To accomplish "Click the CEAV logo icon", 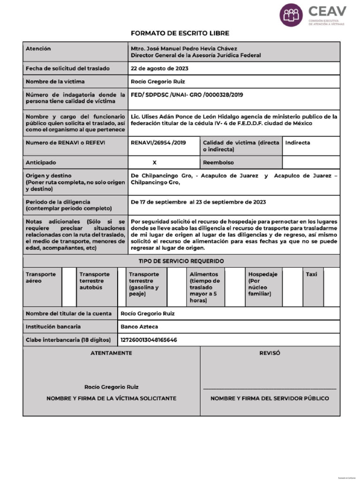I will coord(291,15).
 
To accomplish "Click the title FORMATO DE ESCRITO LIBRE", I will coord(180,33).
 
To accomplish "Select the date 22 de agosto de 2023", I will coord(159,68).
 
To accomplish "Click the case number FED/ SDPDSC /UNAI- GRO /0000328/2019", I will coord(187,95).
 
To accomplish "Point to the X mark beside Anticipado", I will coord(155,163).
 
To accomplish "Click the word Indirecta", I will coord(298,142).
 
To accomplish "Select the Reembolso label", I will coord(219,163).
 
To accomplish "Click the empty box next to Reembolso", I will coord(311,163).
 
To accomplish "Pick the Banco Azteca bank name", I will coord(139,326).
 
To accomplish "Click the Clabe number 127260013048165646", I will coord(149,339).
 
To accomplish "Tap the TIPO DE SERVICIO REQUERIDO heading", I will coord(181,261).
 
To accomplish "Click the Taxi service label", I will coord(311,274).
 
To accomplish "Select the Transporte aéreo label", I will coord(41,277).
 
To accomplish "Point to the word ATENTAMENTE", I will coord(111,353).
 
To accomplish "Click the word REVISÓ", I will coord(270,353).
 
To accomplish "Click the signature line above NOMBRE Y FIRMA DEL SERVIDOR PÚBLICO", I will coord(270,389).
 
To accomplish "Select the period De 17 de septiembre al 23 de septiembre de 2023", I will coord(198,202).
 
